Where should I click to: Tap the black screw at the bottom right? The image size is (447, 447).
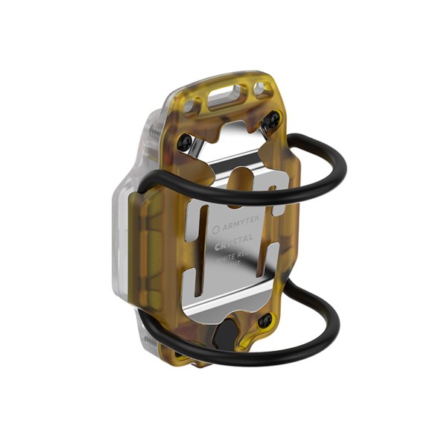[264, 320]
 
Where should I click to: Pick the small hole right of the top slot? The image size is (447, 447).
[259, 89]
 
